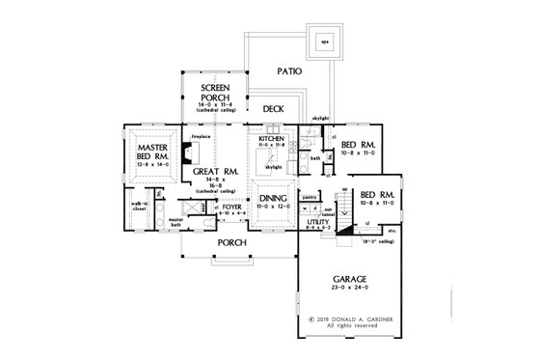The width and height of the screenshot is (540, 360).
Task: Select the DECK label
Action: [x=274, y=109]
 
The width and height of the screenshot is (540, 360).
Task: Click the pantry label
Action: [x=311, y=196]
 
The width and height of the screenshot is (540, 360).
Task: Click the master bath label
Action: [x=176, y=221]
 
